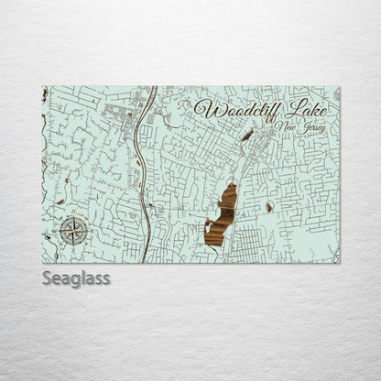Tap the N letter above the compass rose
click(x=73, y=215)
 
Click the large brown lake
click(x=223, y=216)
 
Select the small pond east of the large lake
click(x=268, y=208)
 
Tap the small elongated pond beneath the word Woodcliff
click(x=247, y=136)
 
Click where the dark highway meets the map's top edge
click(x=152, y=88)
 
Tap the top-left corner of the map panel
click(x=43, y=87)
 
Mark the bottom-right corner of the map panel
click(x=340, y=263)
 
